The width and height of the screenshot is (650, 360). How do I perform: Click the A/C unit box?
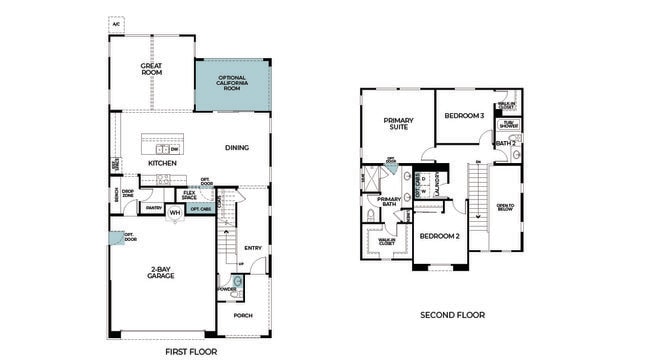(x=117, y=23)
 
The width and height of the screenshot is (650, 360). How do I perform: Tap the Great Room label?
(x=152, y=69)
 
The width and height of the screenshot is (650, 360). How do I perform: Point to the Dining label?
(x=236, y=147)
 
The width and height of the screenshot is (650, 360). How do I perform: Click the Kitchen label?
(x=162, y=162)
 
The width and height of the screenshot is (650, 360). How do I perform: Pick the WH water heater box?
(x=174, y=212)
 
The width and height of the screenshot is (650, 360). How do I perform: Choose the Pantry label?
(x=153, y=207)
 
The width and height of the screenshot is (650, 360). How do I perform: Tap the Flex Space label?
(x=189, y=195)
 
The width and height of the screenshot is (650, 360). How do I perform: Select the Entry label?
(x=252, y=248)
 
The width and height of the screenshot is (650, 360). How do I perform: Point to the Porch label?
(x=242, y=315)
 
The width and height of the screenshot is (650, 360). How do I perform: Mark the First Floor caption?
(x=190, y=351)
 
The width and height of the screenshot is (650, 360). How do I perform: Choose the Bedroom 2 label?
(x=439, y=236)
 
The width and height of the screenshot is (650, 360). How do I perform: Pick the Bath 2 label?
(x=506, y=144)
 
